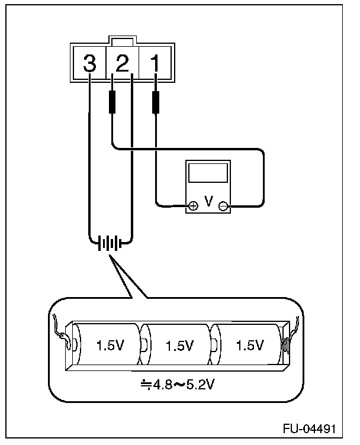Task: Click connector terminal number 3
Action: (89, 63)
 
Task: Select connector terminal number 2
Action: (122, 63)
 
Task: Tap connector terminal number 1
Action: (155, 63)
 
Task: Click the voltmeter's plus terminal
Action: (193, 206)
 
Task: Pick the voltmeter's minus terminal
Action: (223, 206)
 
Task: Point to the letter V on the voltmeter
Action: (208, 202)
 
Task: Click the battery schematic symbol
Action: (111, 243)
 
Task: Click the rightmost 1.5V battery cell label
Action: (249, 345)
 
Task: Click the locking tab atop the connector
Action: (122, 42)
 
